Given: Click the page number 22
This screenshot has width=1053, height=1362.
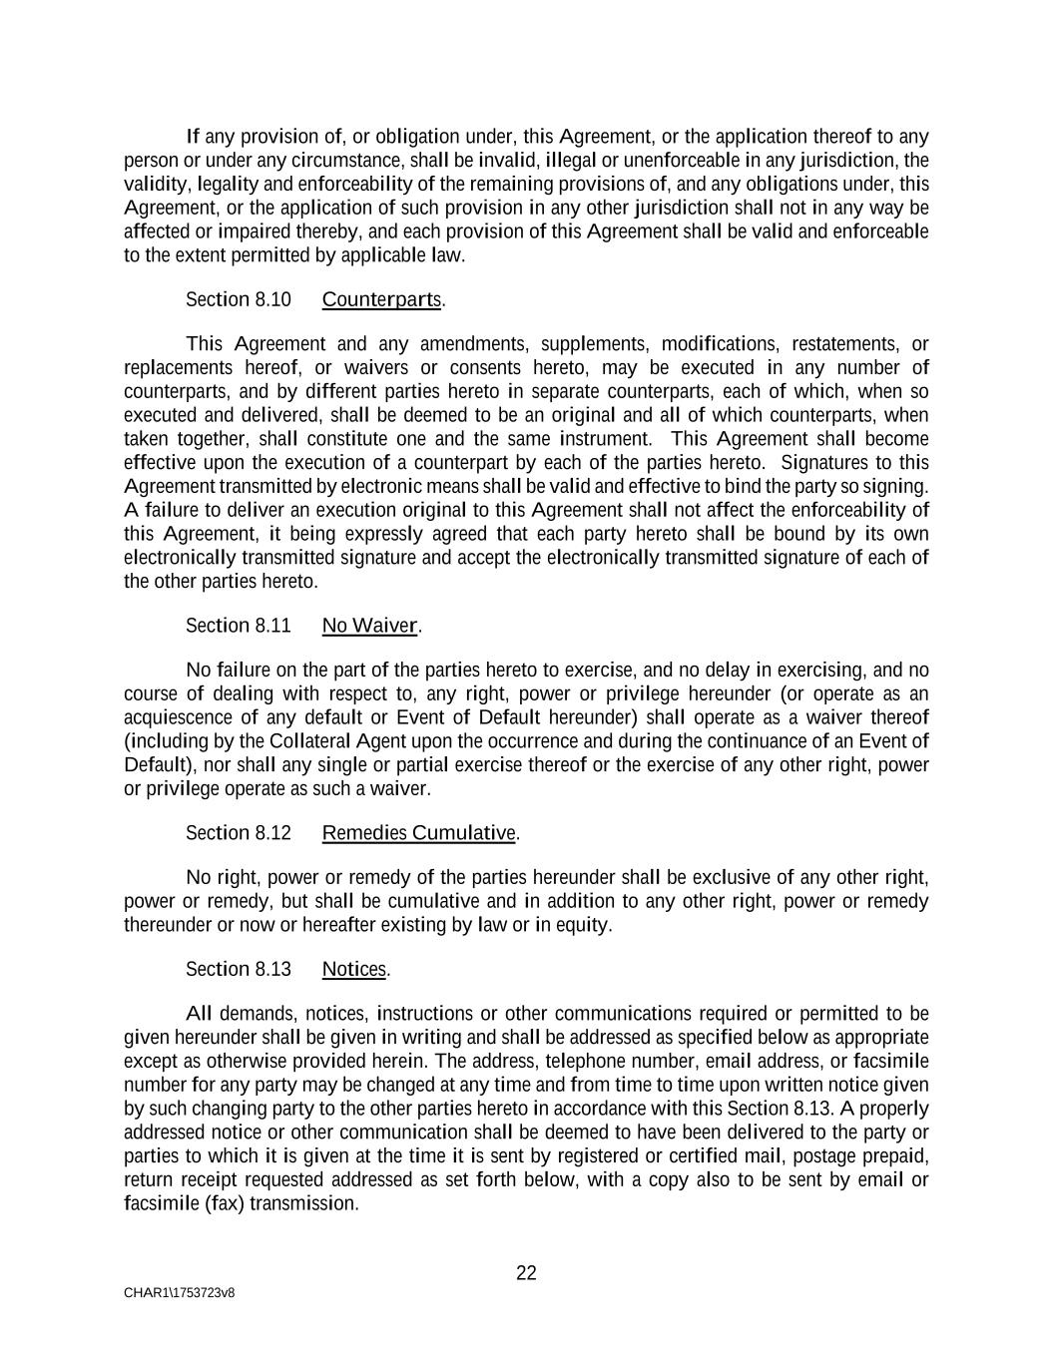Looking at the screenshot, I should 526,1272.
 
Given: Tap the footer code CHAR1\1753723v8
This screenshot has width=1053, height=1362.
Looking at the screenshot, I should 180,1293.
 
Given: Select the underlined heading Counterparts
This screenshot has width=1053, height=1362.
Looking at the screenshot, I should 382,299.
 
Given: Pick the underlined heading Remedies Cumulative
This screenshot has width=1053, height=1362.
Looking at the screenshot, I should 419,833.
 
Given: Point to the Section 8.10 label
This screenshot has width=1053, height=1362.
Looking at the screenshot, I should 239,299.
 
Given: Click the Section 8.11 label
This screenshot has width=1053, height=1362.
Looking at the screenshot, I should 239,626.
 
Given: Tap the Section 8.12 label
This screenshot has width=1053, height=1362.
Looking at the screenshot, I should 239,833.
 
